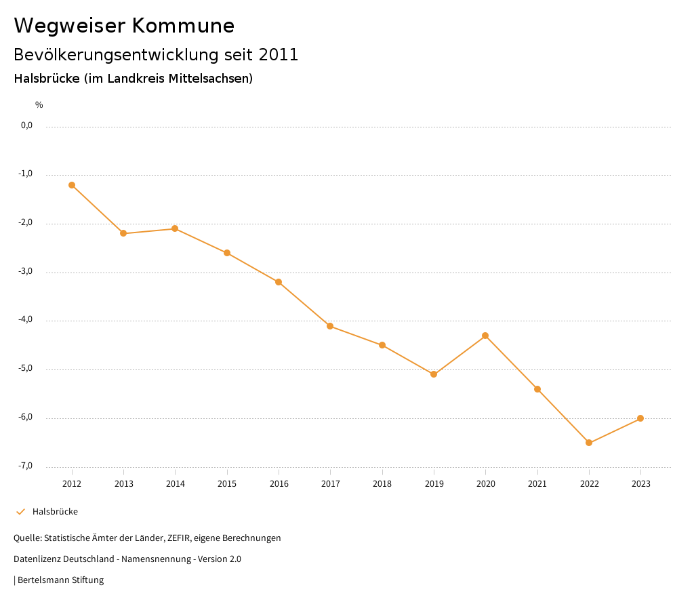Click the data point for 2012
coord(72,185)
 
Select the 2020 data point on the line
coord(485,336)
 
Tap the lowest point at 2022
coord(589,443)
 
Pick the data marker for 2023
coord(640,418)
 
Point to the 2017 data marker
coord(330,326)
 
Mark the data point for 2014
coord(175,228)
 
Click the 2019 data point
coord(434,374)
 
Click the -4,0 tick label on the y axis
coord(26,320)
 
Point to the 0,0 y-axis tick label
coord(26,125)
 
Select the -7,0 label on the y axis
coord(26,466)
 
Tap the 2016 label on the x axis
coord(279,484)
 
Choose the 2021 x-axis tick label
coord(537,484)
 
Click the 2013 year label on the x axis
coord(123,484)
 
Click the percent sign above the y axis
coord(39,105)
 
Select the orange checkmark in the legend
coord(20,512)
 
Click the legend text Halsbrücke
coord(55,512)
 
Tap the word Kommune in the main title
coord(183,26)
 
